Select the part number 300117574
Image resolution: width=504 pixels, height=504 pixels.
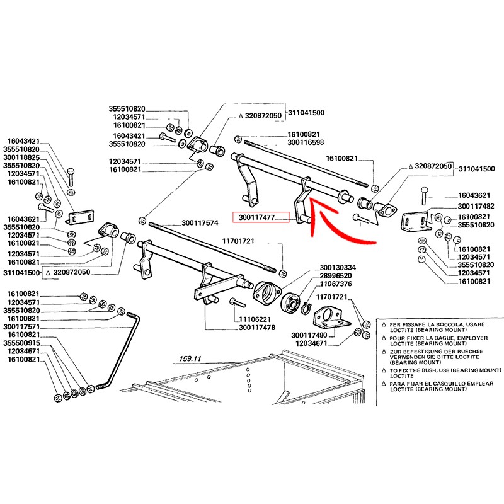200,222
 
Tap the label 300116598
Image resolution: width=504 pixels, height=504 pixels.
306,143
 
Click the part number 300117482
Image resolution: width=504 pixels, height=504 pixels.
476,206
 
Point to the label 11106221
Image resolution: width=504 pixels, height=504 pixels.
255,319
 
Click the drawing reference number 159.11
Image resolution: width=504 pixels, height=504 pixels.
189,358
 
